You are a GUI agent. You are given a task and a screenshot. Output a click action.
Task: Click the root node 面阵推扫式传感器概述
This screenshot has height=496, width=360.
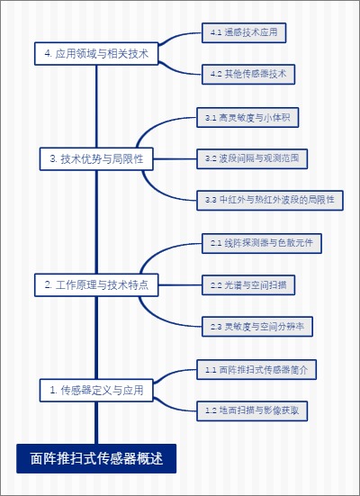(96, 458)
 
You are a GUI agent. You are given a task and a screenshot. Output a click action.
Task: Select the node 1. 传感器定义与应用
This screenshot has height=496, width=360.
(96, 390)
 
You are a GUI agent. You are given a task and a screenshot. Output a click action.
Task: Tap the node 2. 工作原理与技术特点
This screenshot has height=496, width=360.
(96, 285)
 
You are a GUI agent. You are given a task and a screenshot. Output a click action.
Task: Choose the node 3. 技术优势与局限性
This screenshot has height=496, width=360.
(96, 159)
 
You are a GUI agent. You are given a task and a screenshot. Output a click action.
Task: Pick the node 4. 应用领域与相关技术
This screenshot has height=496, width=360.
(96, 54)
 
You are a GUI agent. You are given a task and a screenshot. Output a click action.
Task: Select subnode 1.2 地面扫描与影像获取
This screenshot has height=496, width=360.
(251, 410)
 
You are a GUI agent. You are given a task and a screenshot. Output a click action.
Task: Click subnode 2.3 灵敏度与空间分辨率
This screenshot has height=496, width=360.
(256, 327)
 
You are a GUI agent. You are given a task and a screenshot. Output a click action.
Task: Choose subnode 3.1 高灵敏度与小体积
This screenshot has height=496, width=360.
(248, 118)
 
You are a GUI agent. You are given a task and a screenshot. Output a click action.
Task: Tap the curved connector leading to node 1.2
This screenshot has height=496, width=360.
(175, 403)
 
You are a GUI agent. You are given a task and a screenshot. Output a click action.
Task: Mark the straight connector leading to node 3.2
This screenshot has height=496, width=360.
(175, 159)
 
